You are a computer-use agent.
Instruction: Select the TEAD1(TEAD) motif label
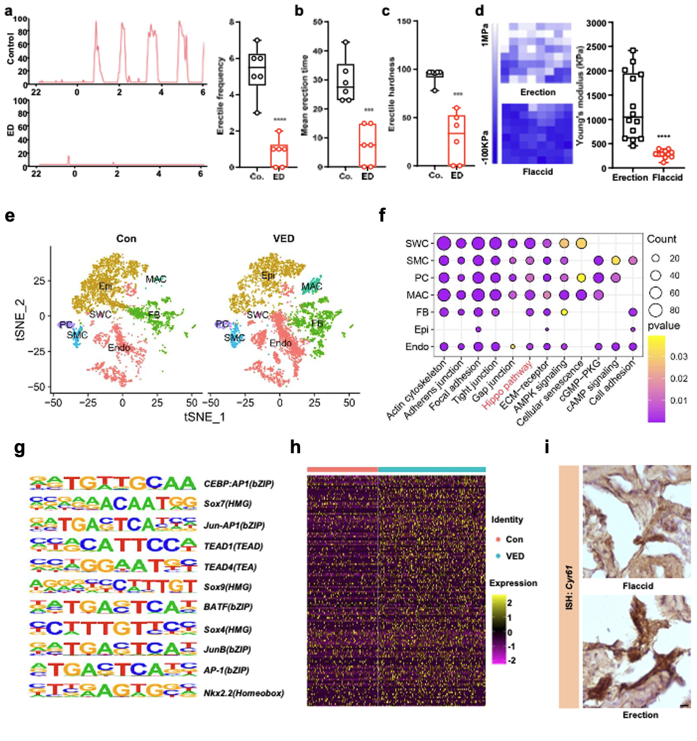point(233,546)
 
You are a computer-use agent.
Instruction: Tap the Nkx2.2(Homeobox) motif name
point(243,693)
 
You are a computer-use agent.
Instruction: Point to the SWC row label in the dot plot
point(417,243)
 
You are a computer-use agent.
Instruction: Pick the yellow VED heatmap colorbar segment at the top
point(431,470)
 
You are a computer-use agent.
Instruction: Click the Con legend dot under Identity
point(499,539)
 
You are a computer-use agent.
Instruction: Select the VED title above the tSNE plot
point(284,239)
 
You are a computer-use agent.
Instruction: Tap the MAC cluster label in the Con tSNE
point(156,279)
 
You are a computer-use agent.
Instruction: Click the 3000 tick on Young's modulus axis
point(596,23)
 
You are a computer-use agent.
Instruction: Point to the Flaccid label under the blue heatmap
point(538,172)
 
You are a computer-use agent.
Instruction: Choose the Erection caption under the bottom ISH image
point(640,715)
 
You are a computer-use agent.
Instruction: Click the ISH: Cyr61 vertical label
point(569,587)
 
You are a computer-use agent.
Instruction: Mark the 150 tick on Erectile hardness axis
point(404,21)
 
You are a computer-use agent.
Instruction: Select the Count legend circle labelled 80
point(655,310)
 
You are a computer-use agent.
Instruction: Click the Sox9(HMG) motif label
point(227,587)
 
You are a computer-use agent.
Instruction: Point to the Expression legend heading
point(513,583)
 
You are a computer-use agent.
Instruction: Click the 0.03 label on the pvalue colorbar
point(679,356)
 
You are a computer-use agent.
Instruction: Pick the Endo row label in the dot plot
point(417,347)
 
